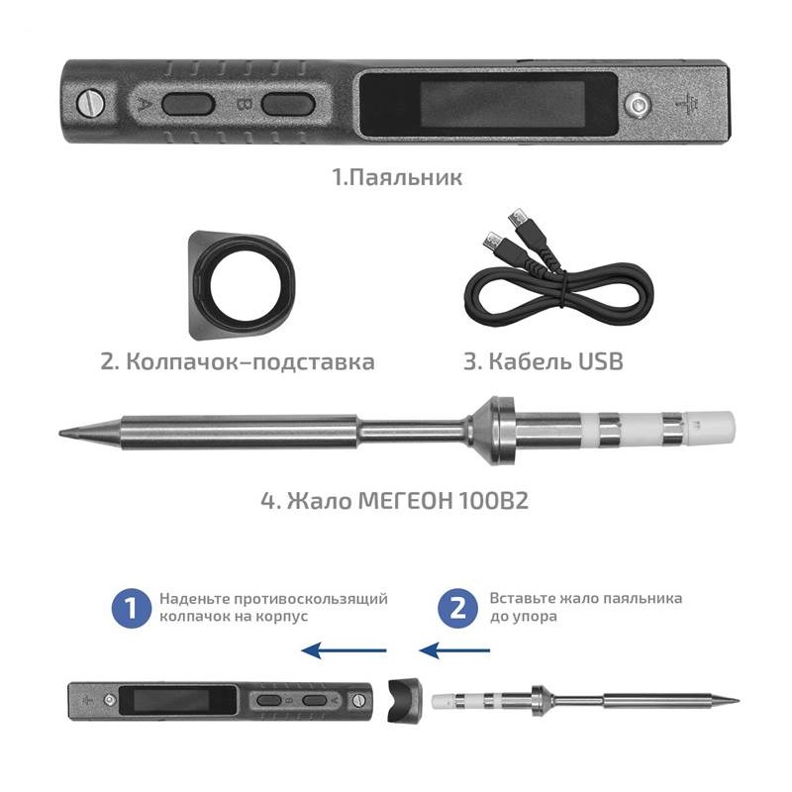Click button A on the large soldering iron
pyautogui.click(x=188, y=105)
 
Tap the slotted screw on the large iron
pyautogui.click(x=91, y=104)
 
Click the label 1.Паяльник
pyautogui.click(x=397, y=177)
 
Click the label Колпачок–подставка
pyautogui.click(x=250, y=361)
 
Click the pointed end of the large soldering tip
pyautogui.click(x=59, y=433)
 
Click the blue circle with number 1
pyautogui.click(x=132, y=608)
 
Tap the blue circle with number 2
pyautogui.click(x=457, y=608)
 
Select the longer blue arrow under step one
pyautogui.click(x=344, y=650)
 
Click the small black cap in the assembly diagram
pyautogui.click(x=404, y=700)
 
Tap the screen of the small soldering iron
pyautogui.click(x=178, y=700)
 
